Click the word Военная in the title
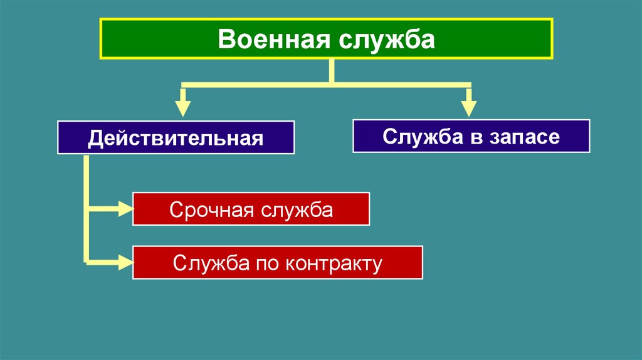(x=273, y=40)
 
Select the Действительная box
(x=176, y=138)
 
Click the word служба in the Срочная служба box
(x=293, y=209)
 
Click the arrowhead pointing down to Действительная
(x=182, y=107)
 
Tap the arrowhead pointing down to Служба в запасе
(x=468, y=107)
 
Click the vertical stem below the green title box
(x=331, y=71)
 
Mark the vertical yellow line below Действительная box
(x=87, y=207)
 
